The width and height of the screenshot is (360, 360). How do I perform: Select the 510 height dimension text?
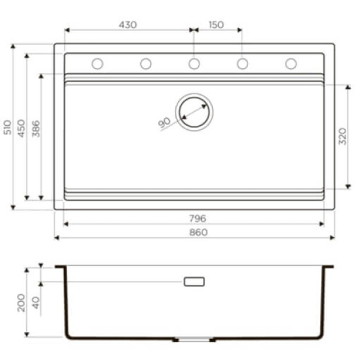pyautogui.click(x=8, y=127)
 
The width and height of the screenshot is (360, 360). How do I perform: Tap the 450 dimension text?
pyautogui.click(x=22, y=127)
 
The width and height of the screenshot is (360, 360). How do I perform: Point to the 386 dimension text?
pyautogui.click(x=36, y=128)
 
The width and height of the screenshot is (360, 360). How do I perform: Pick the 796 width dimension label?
pyautogui.click(x=197, y=218)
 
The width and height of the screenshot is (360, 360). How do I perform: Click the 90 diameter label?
pyautogui.click(x=165, y=122)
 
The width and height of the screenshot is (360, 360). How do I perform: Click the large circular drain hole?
pyautogui.click(x=195, y=111)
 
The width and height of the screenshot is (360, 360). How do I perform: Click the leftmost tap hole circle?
pyautogui.click(x=97, y=63)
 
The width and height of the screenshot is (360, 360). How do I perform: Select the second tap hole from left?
pyautogui.click(x=146, y=63)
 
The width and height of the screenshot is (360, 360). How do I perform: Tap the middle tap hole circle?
pyautogui.click(x=194, y=63)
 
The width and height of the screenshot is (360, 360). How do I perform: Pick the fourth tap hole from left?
pyautogui.click(x=242, y=63)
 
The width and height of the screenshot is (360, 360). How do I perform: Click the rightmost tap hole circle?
pyautogui.click(x=291, y=63)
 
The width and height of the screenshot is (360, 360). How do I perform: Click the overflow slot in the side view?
pyautogui.click(x=194, y=281)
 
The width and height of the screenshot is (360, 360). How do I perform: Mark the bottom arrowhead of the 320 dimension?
pyautogui.click(x=348, y=186)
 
